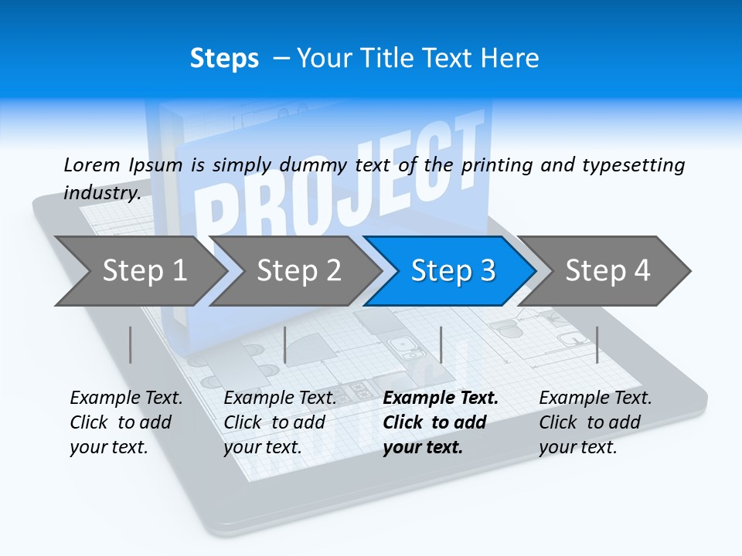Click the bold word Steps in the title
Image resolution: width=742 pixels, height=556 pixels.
224,59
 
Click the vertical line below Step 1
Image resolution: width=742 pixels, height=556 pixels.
131,344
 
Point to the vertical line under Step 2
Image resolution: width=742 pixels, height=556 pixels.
285,344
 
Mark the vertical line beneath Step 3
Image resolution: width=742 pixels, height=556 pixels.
441,344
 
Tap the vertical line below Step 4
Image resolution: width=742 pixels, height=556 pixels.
597,344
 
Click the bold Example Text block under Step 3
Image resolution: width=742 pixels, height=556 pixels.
440,422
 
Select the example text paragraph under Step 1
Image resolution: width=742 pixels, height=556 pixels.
126,422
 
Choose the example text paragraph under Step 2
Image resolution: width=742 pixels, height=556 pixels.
280,422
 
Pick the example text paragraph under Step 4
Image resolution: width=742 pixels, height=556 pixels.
595,422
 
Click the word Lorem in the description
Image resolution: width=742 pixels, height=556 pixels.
92,164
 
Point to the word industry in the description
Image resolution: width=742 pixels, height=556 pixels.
101,192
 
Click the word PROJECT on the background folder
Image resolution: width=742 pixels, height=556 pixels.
340,185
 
